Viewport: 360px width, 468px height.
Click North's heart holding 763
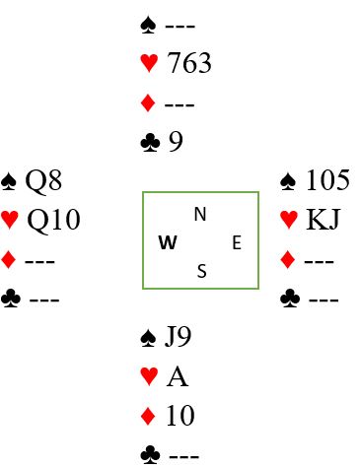coord(189,63)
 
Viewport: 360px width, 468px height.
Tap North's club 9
coord(176,142)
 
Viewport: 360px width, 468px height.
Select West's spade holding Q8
coord(43,181)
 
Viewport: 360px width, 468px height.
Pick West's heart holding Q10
coord(53,220)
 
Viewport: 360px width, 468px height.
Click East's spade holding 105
coord(327,180)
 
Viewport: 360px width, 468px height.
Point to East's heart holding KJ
coord(323,219)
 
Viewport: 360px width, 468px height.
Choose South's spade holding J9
coord(178,337)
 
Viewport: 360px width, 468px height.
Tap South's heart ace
coord(178,376)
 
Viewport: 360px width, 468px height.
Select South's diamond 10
coord(180,416)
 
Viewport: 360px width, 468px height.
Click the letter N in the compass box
coord(200,215)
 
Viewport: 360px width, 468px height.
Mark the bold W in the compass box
coord(168,242)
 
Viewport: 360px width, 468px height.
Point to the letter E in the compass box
coord(237,243)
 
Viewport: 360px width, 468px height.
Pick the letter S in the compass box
coord(202,271)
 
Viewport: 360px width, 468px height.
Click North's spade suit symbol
coord(148,26)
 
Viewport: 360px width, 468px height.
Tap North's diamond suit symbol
coord(148,103)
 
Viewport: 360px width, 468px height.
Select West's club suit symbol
coord(11,299)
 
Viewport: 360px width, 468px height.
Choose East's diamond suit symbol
coord(288,259)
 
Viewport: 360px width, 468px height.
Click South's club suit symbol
coord(150,454)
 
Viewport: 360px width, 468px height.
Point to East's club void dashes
coord(324,300)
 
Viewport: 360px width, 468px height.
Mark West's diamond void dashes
coord(39,261)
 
